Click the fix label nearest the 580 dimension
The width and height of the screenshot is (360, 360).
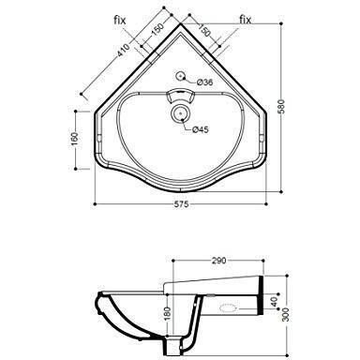tap(246, 19)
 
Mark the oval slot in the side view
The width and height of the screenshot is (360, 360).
tap(225, 307)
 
